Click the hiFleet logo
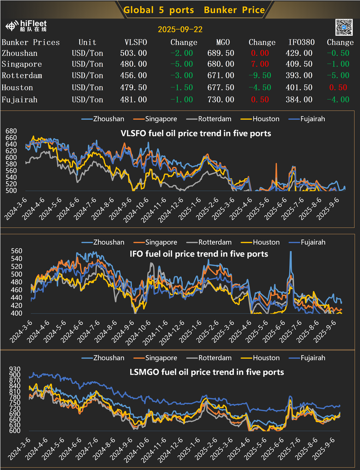tap(26, 26)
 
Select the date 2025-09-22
tap(180, 30)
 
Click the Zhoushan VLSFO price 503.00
tap(133, 53)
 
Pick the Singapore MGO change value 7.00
tap(259, 64)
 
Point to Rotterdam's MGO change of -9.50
tap(259, 76)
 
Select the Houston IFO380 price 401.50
tap(300, 88)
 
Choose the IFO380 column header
tap(300, 42)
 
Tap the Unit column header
tap(87, 42)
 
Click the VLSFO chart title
tap(195, 133)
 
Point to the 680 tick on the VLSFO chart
tap(11, 131)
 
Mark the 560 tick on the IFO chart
tap(11, 251)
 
